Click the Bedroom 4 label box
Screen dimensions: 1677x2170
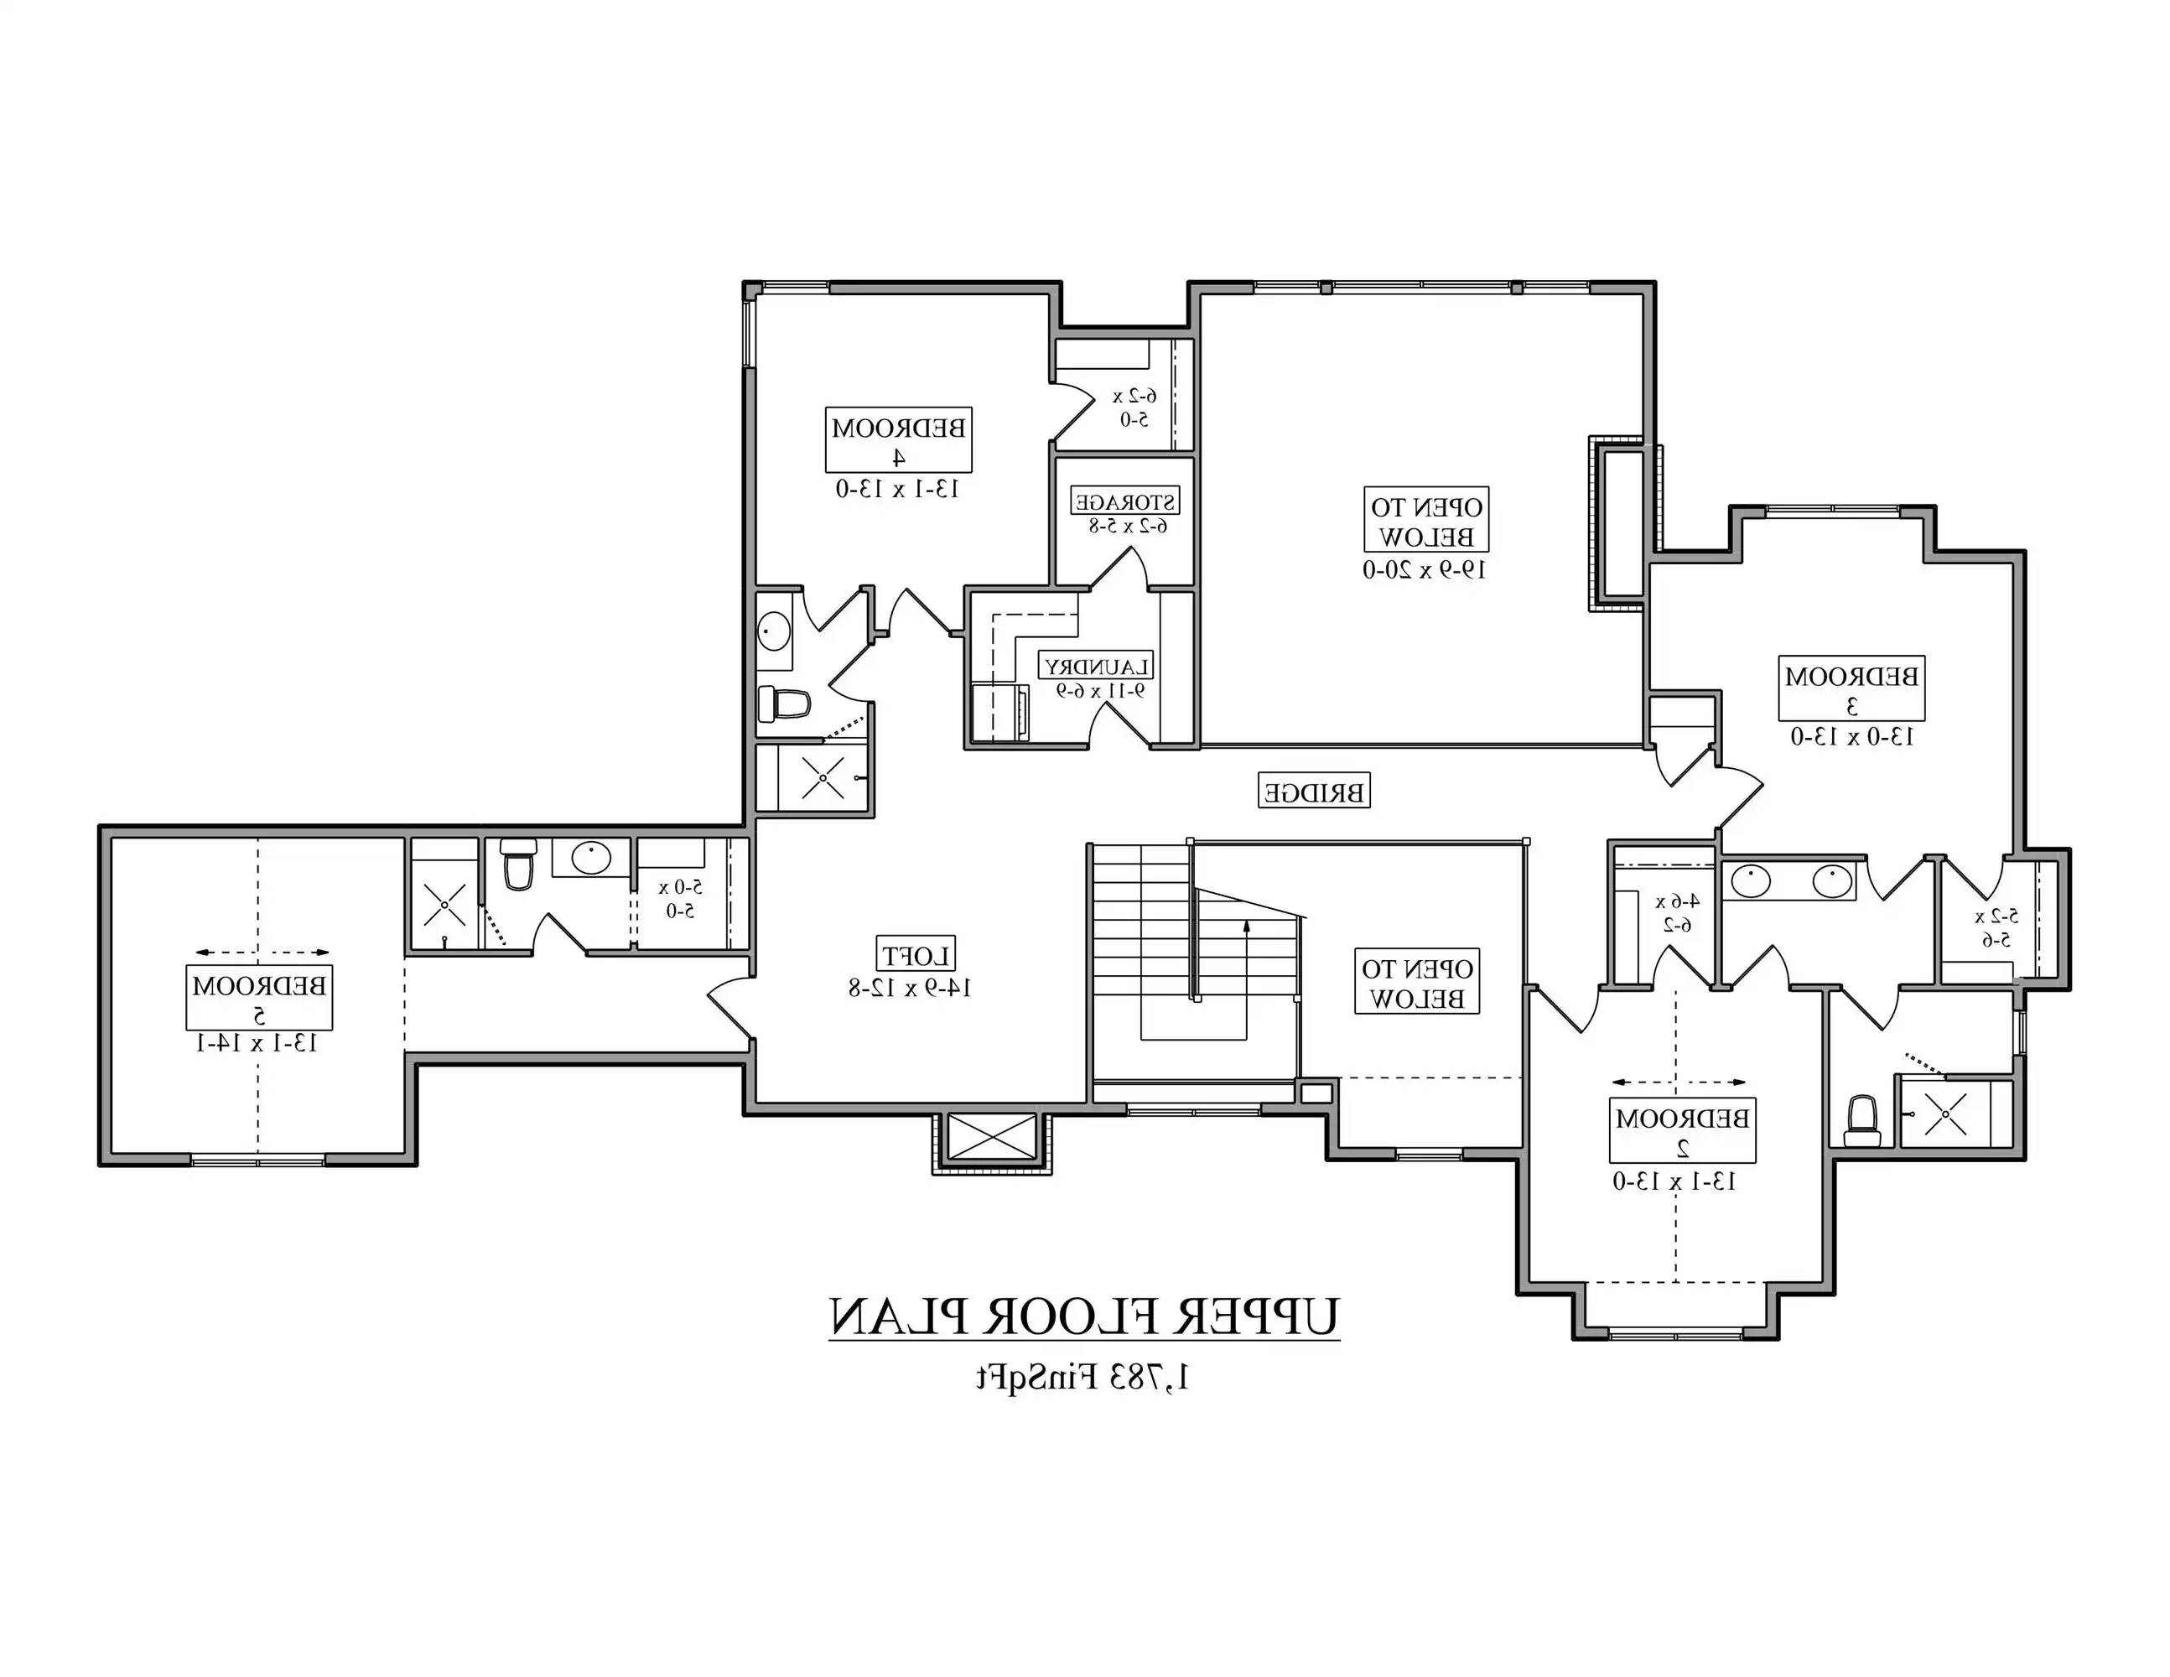pyautogui.click(x=898, y=440)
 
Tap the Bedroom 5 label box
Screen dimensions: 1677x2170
pyautogui.click(x=259, y=998)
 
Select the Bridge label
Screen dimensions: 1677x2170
pyautogui.click(x=1314, y=791)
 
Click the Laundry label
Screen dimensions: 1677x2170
pyautogui.click(x=1097, y=666)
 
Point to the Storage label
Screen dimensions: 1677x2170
pyautogui.click(x=1124, y=501)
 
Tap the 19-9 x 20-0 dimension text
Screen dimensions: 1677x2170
pyautogui.click(x=1424, y=569)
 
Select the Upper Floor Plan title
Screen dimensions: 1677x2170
pyautogui.click(x=1084, y=1317)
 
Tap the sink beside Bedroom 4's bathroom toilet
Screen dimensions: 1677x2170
pyautogui.click(x=774, y=631)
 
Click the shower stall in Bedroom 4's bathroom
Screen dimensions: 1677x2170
pyautogui.click(x=822, y=778)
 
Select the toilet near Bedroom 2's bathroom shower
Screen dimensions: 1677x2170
pyautogui.click(x=1861, y=1119)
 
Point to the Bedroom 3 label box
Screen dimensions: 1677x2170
pyautogui.click(x=1851, y=688)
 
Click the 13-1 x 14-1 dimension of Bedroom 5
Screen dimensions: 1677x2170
pyautogui.click(x=257, y=1042)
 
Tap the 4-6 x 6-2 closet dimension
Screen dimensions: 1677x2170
pyautogui.click(x=1676, y=913)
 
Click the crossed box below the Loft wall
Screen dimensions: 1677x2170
pyautogui.click(x=990, y=1136)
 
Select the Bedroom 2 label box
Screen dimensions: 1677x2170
pyautogui.click(x=1681, y=1129)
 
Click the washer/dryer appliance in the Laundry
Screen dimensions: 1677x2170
pyautogui.click(x=999, y=711)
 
